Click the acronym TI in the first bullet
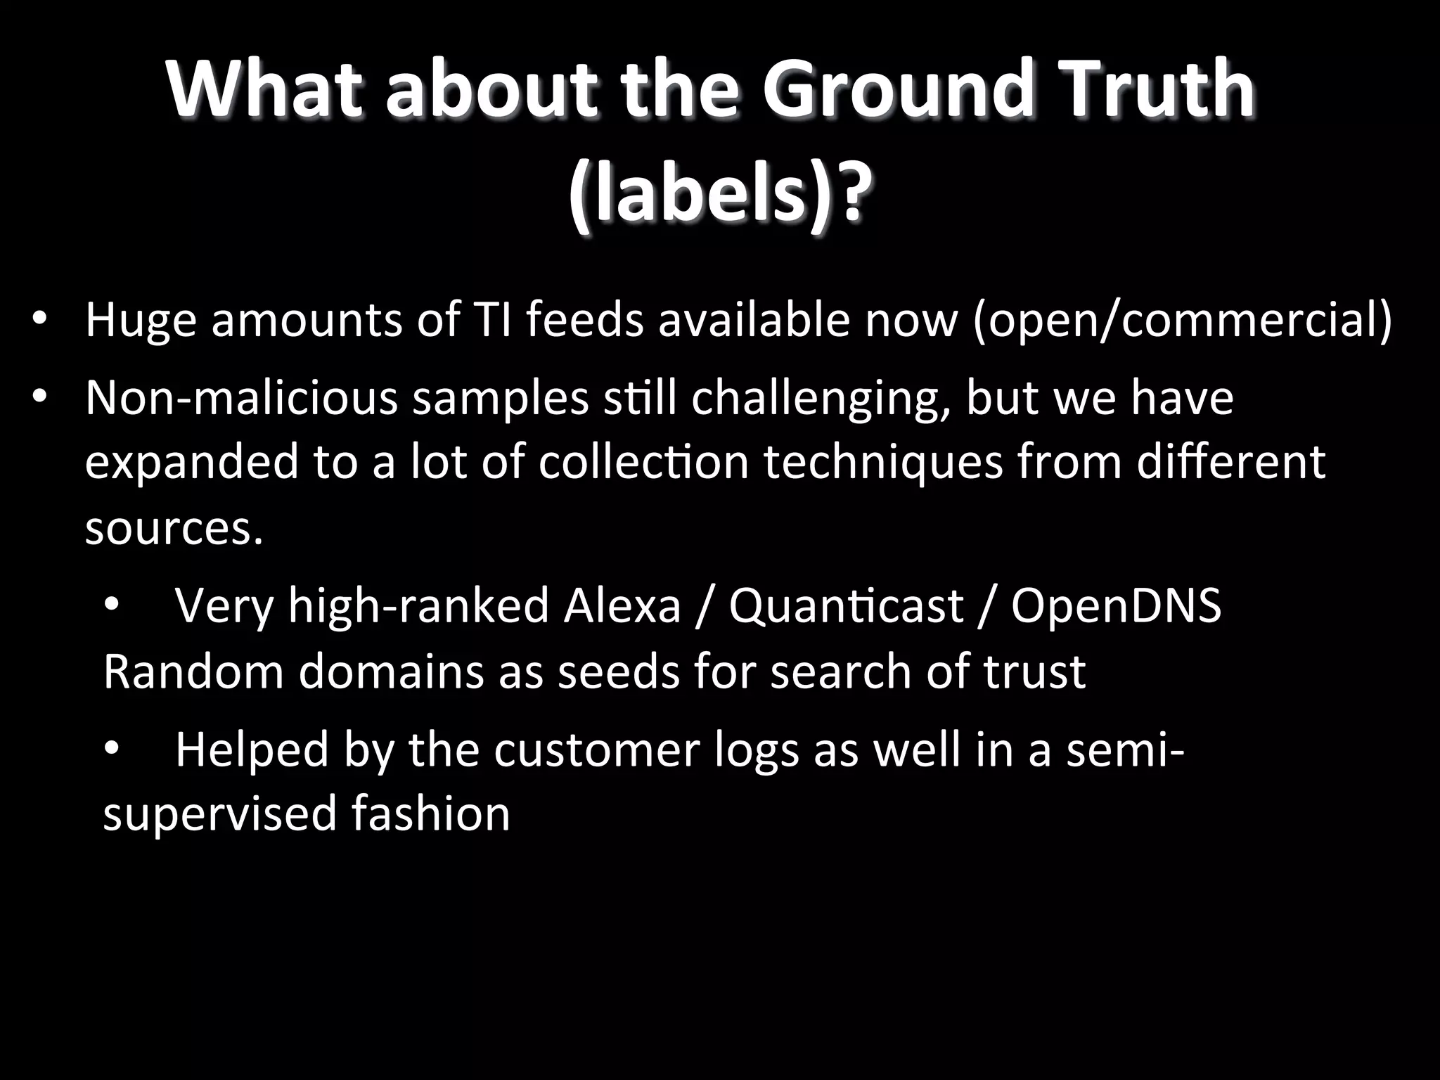click(482, 320)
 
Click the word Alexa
click(622, 606)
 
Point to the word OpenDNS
click(1117, 606)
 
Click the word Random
click(193, 671)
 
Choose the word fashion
click(430, 813)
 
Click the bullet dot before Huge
click(39, 320)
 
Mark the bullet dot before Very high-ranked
click(111, 606)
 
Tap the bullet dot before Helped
click(111, 750)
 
